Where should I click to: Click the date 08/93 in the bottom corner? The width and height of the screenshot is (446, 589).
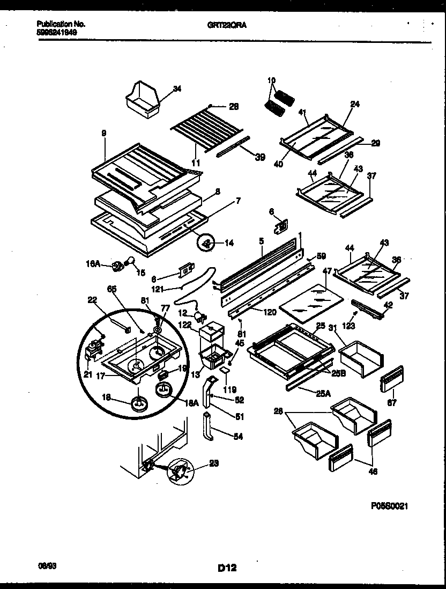[x=46, y=565]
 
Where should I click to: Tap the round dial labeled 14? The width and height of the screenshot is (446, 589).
[x=205, y=244]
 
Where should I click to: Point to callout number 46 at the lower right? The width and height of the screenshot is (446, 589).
[x=373, y=472]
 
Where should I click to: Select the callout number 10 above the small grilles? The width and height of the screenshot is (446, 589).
[x=271, y=80]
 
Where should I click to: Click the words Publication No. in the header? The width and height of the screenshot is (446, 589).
[x=61, y=24]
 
